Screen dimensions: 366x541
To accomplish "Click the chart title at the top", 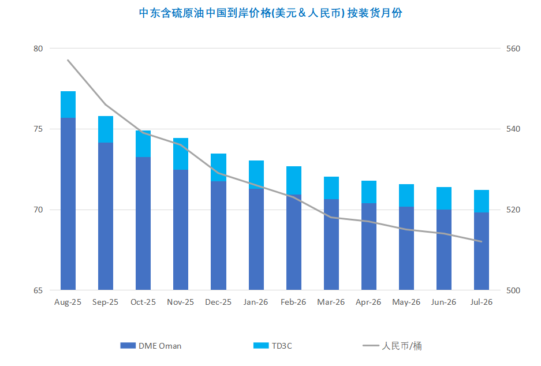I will (270, 13).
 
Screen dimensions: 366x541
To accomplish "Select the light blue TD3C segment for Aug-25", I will (68, 104).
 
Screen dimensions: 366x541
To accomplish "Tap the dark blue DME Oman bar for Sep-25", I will (106, 216).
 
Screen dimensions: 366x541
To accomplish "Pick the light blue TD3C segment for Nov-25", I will (181, 154).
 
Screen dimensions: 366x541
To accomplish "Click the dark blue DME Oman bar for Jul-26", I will (482, 251).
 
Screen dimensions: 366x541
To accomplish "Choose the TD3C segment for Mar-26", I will (331, 188).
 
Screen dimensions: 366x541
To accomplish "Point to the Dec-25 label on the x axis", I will (218, 302).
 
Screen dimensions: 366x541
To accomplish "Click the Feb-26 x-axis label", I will (293, 302).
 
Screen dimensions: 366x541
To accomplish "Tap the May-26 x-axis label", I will (406, 302).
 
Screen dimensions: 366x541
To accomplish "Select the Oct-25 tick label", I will (143, 302).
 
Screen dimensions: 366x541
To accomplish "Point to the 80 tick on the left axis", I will (38, 48).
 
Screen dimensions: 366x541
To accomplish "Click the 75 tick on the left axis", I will (38, 129).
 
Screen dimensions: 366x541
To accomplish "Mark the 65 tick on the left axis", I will (38, 290).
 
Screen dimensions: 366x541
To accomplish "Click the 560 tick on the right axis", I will (513, 48).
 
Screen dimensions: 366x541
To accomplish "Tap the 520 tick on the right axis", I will (513, 210).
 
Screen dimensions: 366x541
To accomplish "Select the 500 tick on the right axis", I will (513, 290).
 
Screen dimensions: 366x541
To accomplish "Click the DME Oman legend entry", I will (151, 346).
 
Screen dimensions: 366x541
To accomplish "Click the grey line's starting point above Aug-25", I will (68, 60).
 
